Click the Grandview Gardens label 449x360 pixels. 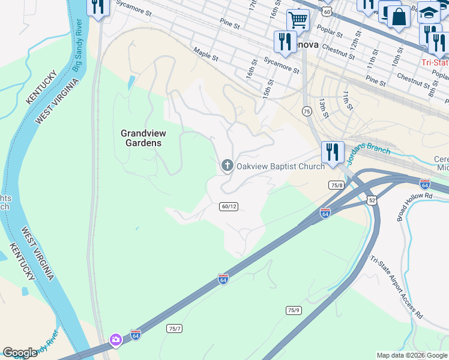[x=143, y=138]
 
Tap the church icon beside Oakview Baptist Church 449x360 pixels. [x=227, y=165]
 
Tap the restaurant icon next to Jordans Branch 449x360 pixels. [x=332, y=152]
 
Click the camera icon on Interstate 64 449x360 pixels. [x=115, y=340]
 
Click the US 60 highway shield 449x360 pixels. [x=326, y=11]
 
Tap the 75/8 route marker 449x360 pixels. [x=336, y=185]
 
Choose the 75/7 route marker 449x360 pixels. [x=174, y=329]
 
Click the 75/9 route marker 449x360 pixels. [x=293, y=310]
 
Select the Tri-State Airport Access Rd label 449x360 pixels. [x=397, y=287]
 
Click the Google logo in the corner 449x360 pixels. [x=20, y=353]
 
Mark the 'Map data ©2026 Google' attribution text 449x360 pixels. [x=412, y=355]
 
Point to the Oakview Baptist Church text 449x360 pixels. [x=280, y=166]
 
